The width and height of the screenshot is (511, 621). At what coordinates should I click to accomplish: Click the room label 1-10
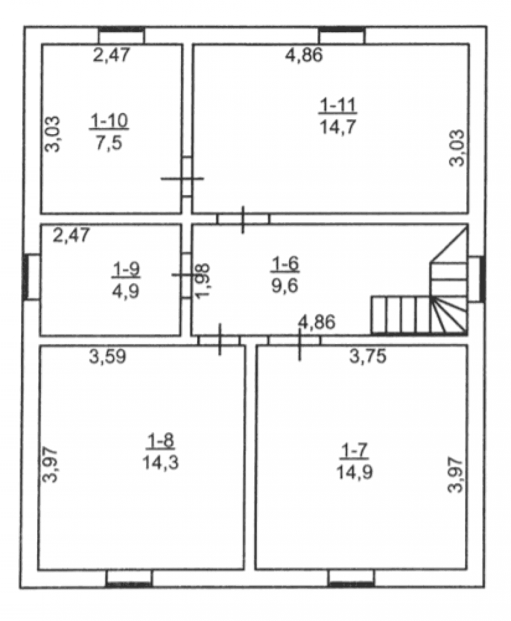coord(109,121)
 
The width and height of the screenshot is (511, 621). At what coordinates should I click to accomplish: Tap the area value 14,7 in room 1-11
coord(338,127)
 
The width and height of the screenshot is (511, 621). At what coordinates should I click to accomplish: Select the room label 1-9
coord(126,270)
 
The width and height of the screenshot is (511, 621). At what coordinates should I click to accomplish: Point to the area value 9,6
coord(284,286)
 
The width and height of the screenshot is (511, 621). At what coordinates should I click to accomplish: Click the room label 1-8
coord(161,441)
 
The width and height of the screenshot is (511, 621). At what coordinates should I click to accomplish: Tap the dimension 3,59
coord(107,357)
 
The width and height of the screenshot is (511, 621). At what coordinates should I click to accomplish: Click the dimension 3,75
coord(368,356)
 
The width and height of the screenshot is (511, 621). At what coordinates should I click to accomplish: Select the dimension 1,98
coord(203,281)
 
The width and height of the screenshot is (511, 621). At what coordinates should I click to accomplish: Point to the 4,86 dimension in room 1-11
coord(304,55)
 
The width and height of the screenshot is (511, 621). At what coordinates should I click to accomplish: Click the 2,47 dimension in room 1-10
coord(112,55)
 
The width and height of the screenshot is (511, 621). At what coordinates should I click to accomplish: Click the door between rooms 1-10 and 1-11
coord(187,177)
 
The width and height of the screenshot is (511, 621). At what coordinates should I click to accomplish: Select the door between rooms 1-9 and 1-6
coord(186,275)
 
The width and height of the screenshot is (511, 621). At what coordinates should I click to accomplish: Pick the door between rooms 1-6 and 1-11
coord(243,219)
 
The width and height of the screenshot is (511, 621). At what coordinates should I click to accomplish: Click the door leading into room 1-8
coord(219,340)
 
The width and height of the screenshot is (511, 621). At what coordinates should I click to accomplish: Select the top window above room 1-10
coord(122,35)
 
